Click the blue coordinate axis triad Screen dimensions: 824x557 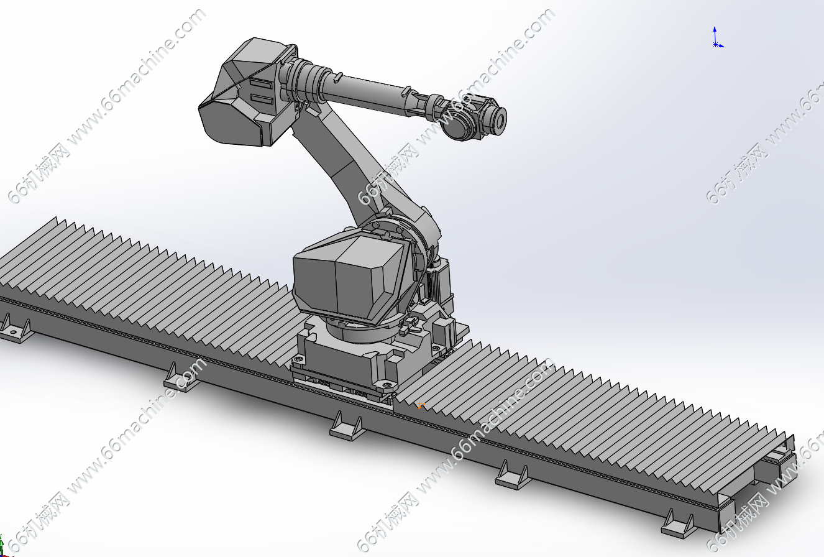[716, 38]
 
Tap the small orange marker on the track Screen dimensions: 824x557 [421, 405]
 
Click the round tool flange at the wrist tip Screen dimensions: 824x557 [500, 119]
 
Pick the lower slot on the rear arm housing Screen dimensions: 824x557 [262, 99]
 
